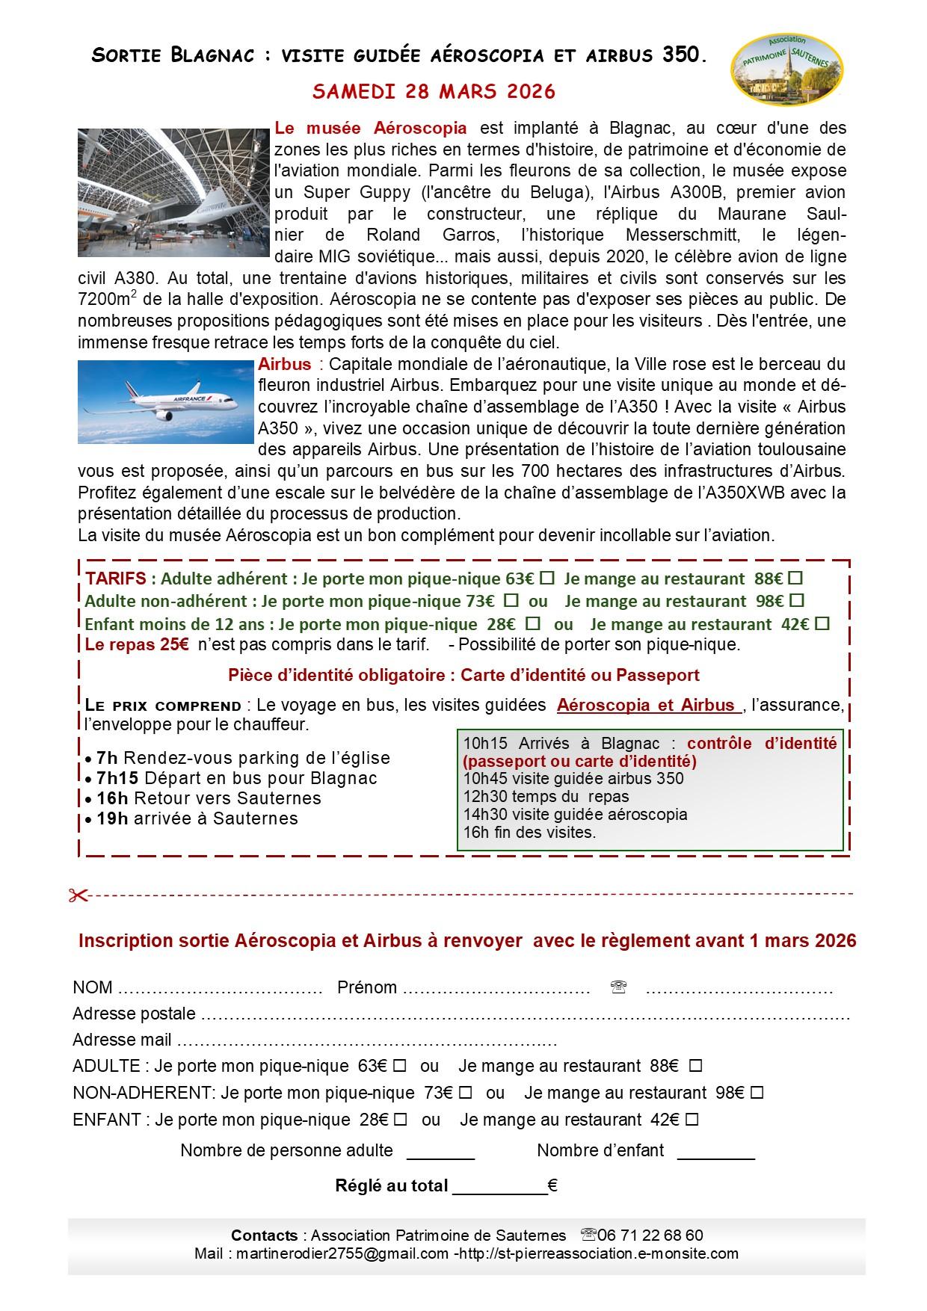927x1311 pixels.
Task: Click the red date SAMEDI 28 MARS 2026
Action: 434,92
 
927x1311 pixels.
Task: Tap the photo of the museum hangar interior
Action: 173,193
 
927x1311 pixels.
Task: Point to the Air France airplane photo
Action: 166,402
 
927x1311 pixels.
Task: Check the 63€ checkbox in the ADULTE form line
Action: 400,1066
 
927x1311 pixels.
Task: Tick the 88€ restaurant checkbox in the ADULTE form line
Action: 695,1066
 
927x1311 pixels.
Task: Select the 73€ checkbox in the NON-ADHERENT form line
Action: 465,1093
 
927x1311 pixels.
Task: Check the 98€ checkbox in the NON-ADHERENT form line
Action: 757,1093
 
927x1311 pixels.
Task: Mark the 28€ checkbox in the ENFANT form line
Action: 401,1120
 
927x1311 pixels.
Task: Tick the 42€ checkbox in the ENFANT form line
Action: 692,1120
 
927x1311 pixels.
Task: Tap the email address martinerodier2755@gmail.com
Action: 342,1253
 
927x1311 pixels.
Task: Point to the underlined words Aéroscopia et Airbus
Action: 647,706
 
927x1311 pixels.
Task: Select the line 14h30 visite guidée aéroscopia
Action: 575,814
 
